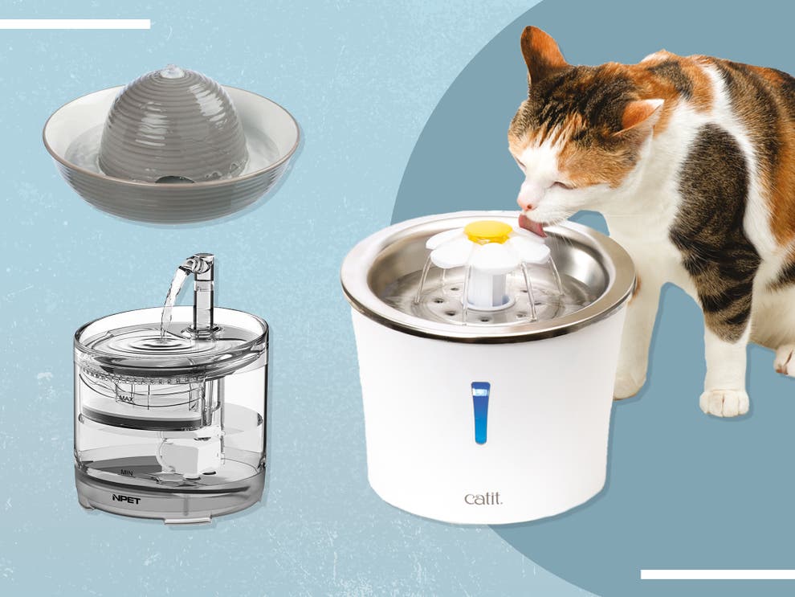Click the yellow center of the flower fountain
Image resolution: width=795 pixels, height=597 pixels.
[x=487, y=231]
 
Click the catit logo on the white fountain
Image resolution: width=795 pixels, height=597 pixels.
[x=483, y=498]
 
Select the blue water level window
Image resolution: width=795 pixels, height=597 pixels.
[x=480, y=411]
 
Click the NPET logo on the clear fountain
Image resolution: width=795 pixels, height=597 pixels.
[x=126, y=499]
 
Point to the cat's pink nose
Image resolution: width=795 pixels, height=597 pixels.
[x=523, y=204]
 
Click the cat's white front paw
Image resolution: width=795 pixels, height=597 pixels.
[x=724, y=401]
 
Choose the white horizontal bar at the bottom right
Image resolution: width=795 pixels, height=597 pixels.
[x=717, y=575]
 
